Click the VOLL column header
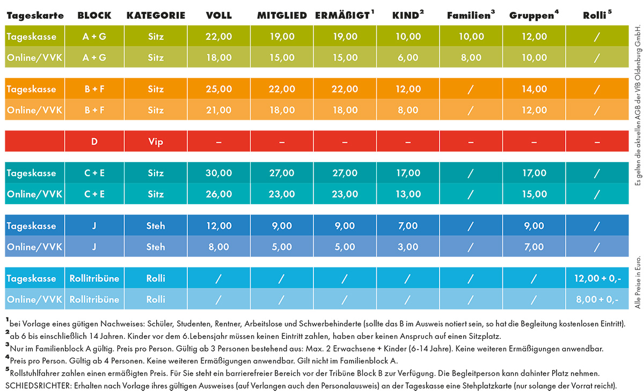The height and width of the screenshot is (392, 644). point(219,16)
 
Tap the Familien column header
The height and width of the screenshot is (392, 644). point(470,16)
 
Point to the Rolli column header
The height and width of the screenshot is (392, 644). point(597,16)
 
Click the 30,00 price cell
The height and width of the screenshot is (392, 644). point(219,173)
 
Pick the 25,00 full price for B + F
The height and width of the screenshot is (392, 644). point(219,89)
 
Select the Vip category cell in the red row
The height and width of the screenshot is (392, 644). point(156,142)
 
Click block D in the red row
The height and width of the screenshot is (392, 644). point(94,142)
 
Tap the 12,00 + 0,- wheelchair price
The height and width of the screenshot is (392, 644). point(597,279)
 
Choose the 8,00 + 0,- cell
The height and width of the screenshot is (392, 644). point(597,299)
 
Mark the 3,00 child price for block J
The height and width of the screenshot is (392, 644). point(408,246)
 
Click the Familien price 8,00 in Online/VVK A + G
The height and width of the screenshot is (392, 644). point(471,57)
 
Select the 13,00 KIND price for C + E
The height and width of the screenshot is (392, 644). point(408,194)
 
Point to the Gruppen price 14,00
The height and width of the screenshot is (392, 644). point(533,89)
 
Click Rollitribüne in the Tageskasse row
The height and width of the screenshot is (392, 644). point(94,279)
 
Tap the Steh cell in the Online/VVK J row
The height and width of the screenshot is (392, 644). point(156,246)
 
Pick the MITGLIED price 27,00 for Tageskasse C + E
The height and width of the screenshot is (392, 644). point(282,173)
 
